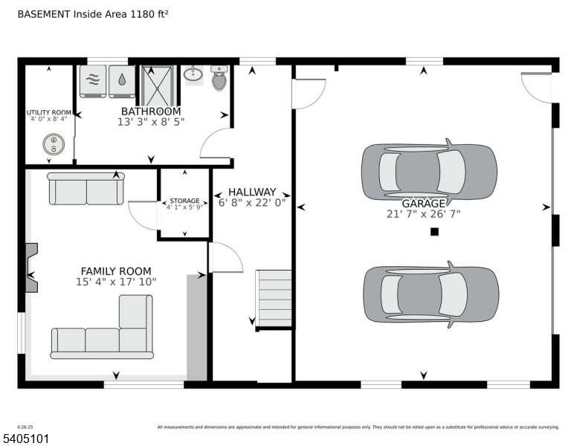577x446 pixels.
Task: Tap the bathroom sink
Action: [194, 74]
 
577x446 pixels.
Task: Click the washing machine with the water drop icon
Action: [121, 82]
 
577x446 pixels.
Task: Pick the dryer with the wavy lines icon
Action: [94, 82]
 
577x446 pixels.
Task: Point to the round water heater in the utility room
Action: [53, 143]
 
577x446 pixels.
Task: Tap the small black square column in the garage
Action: [434, 232]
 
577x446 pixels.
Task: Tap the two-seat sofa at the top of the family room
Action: [86, 189]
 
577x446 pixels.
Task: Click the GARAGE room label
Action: [424, 204]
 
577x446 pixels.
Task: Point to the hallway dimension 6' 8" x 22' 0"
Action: [252, 202]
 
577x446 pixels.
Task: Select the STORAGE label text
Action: [184, 201]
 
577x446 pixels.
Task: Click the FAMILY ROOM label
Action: [116, 271]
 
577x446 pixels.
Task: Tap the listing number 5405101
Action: [25, 439]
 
